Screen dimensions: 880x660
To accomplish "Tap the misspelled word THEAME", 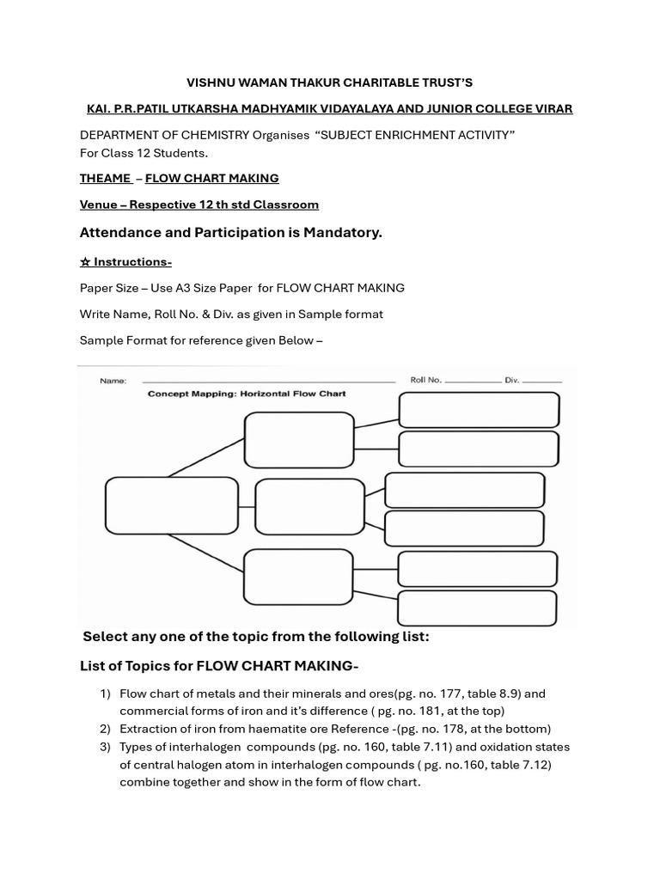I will pos(105,178).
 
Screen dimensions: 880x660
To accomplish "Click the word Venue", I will pos(101,205).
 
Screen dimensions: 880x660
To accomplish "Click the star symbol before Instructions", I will pos(85,261).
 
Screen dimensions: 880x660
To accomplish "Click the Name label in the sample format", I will pos(113,381).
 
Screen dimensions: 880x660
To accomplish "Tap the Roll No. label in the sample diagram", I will pos(425,379).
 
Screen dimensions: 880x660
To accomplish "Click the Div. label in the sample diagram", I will pos(512,379).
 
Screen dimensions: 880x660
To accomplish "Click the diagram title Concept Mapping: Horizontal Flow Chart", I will pos(247,394).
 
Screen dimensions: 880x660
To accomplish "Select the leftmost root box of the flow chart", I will pos(171,506).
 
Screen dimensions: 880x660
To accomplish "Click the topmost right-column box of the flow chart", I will pos(479,410).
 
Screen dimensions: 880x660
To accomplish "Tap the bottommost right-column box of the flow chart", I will pos(477,608).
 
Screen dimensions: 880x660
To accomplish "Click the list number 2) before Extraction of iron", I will pos(105,729).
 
